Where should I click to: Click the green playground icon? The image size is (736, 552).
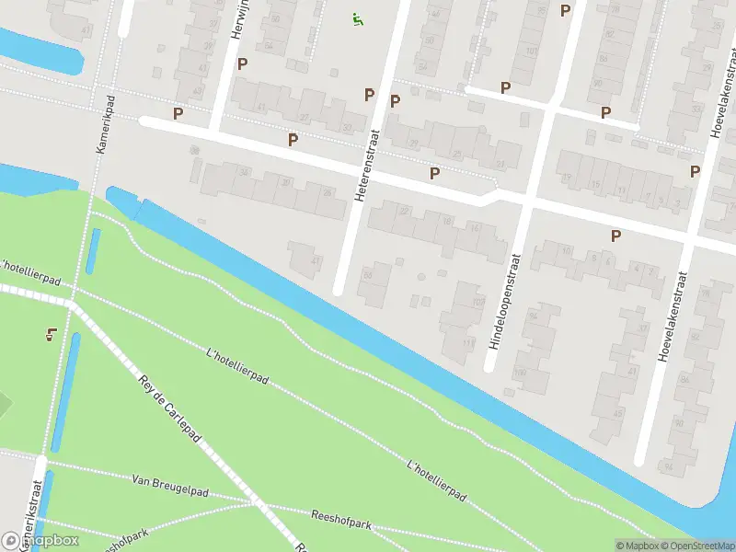tap(357, 18)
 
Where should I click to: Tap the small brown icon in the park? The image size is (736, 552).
tap(50, 335)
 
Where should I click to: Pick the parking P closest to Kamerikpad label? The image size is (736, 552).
tap(178, 114)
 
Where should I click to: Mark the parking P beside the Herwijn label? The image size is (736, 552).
tap(243, 63)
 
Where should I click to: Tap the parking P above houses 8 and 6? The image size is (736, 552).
tap(615, 236)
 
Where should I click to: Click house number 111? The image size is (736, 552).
tap(469, 344)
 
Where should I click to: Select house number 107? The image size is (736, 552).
tap(477, 302)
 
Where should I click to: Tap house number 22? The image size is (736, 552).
tap(406, 212)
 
